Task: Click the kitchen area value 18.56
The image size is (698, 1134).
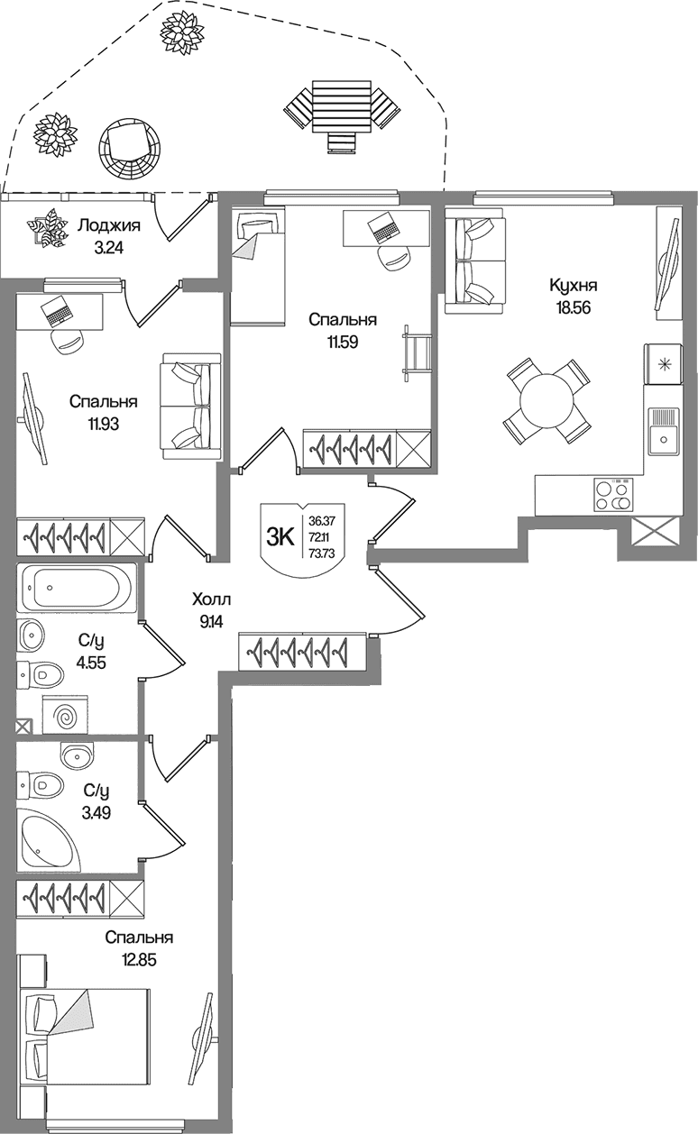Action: point(574,307)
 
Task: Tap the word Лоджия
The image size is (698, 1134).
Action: point(108,225)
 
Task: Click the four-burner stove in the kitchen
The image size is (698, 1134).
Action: point(613,494)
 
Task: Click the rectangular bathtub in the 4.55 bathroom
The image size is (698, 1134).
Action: point(77,587)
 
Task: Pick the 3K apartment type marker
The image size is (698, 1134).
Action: point(280,537)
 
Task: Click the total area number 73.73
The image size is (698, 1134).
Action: point(322,553)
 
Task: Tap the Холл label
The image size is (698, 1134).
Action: point(212,600)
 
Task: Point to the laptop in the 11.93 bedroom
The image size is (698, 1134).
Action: point(56,311)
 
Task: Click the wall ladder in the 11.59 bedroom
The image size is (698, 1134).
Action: point(417,353)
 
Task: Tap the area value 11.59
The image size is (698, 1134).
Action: point(343,342)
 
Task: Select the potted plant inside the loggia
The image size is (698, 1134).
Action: point(48,228)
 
